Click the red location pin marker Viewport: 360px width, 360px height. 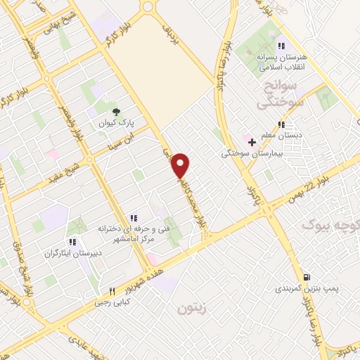[181, 165]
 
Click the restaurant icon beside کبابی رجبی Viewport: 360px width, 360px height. [112, 292]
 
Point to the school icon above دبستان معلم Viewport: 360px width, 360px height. [281, 124]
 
